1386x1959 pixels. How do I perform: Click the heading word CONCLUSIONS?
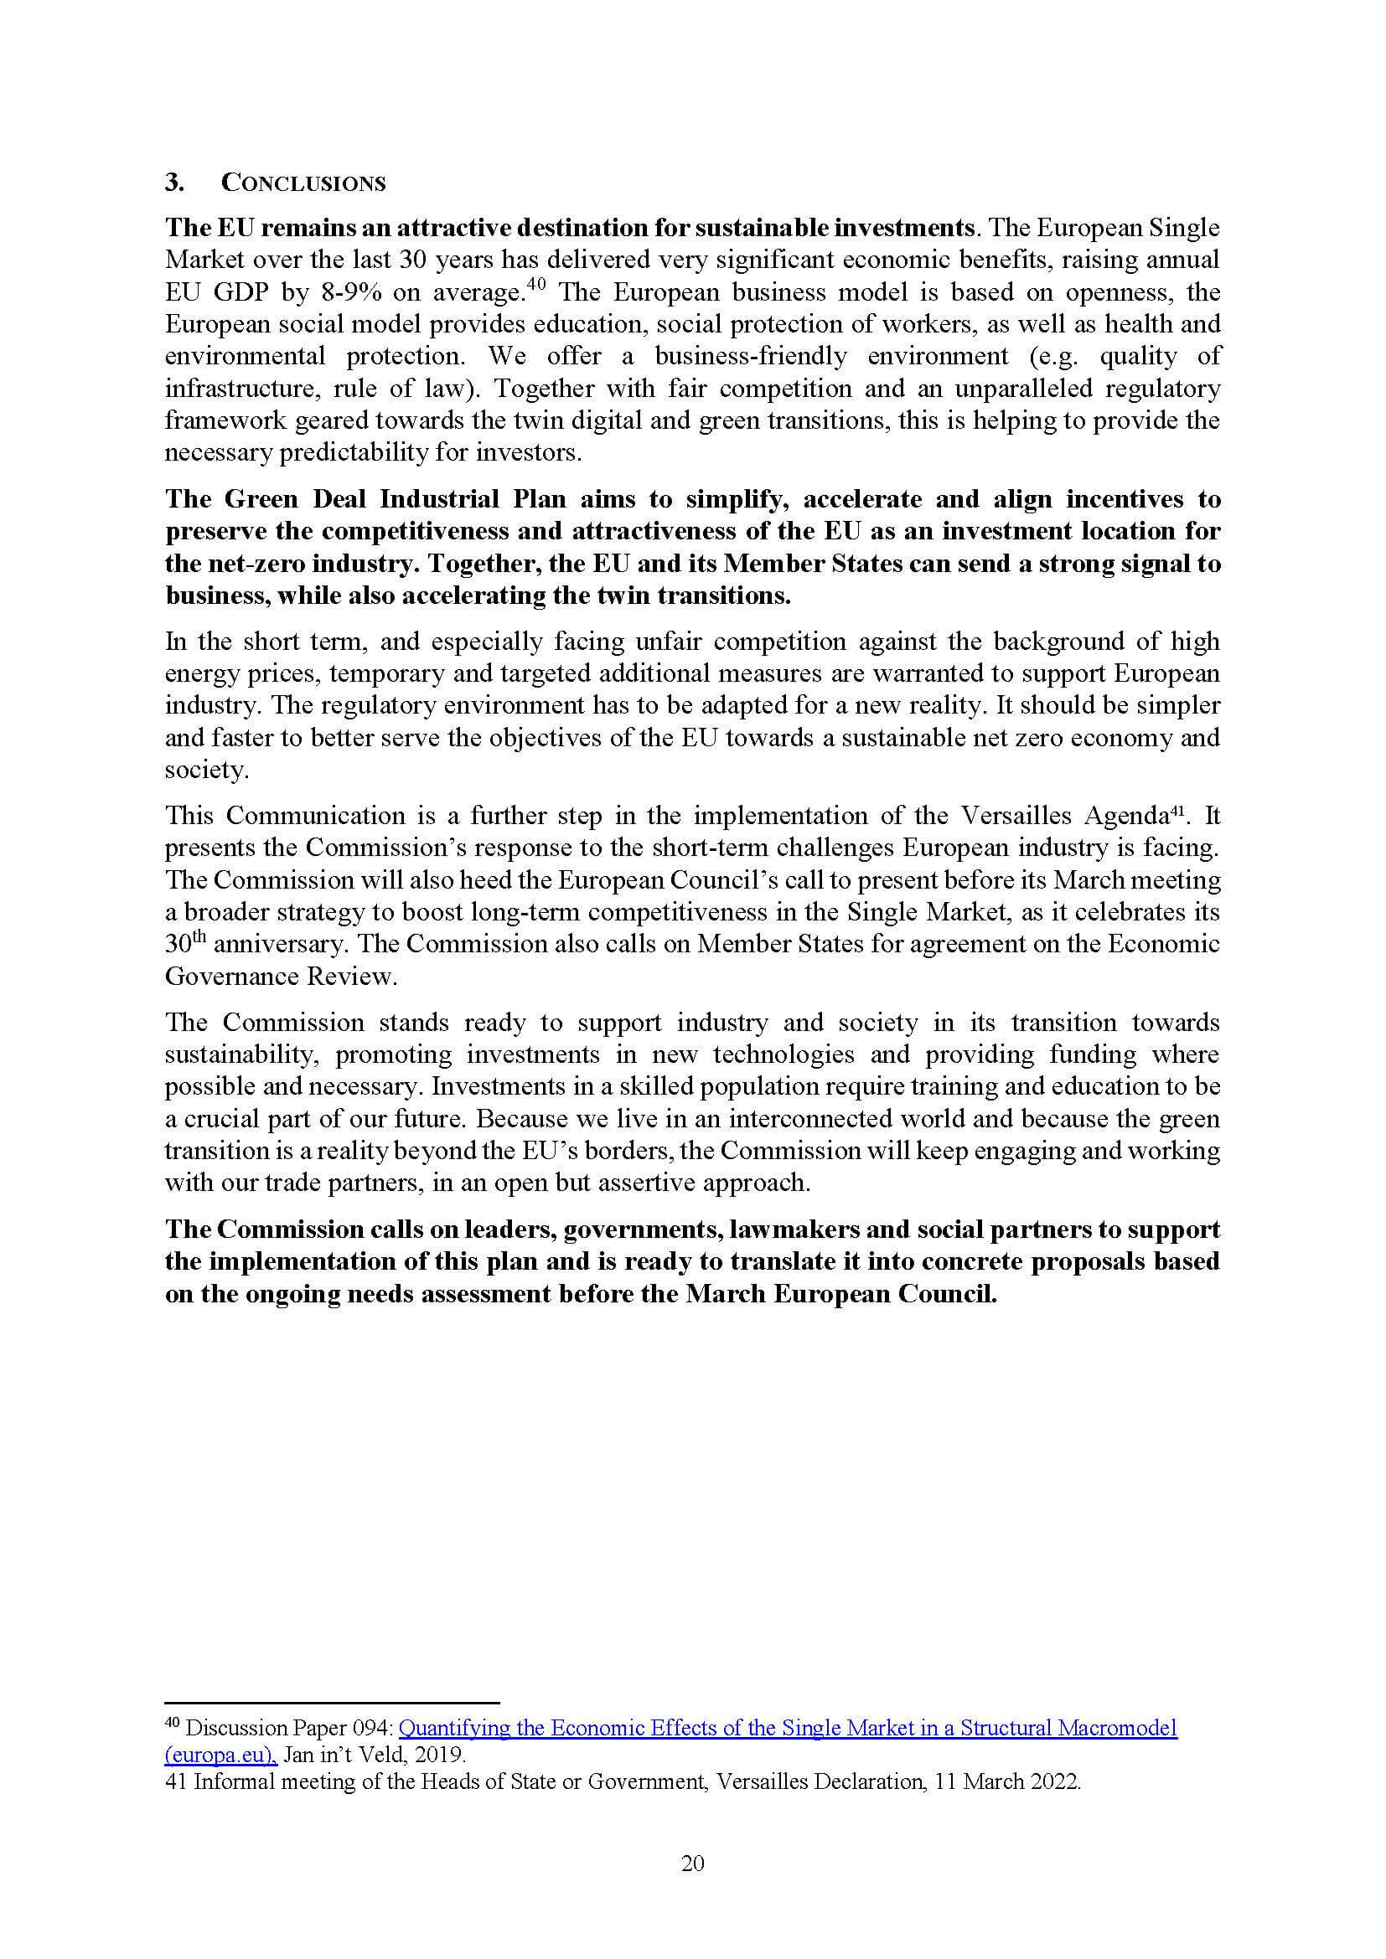(x=303, y=183)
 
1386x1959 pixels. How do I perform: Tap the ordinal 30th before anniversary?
(x=185, y=945)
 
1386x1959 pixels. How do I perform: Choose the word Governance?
(x=231, y=977)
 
